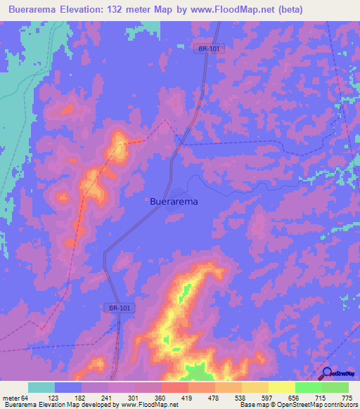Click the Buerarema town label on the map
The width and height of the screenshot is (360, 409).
coord(174,201)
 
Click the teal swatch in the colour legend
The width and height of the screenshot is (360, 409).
coord(41,387)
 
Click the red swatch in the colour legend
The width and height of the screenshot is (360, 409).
coord(174,387)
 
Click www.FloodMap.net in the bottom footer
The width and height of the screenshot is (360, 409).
coord(149,405)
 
